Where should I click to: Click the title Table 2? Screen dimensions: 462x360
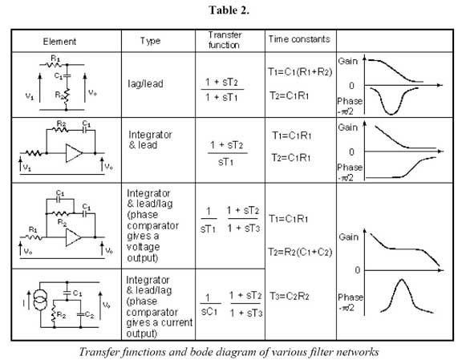click(229, 10)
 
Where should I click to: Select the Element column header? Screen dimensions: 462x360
click(59, 42)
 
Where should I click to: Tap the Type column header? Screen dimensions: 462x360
click(150, 41)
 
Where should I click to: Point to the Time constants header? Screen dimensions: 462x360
click(298, 39)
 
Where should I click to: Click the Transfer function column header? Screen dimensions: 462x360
click(225, 40)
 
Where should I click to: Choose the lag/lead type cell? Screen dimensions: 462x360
click(145, 83)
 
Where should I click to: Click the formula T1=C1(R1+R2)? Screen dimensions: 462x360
click(300, 72)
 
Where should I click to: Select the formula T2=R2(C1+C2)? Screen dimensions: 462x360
click(300, 253)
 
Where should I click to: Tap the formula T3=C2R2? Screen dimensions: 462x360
click(290, 296)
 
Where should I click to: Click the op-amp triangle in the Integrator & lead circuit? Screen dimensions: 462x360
click(73, 153)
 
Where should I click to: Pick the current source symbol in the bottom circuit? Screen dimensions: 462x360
click(40, 300)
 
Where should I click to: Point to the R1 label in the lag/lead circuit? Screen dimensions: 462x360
click(55, 58)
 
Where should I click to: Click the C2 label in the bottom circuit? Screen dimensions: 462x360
click(89, 315)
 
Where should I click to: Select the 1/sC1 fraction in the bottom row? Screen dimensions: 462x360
click(210, 305)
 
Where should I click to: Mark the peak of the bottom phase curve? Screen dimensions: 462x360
click(402, 279)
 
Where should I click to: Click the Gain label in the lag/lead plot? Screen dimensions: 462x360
click(347, 61)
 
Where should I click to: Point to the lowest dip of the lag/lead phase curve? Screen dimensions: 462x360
click(391, 115)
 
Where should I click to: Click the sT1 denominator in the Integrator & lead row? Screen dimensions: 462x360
click(226, 162)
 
